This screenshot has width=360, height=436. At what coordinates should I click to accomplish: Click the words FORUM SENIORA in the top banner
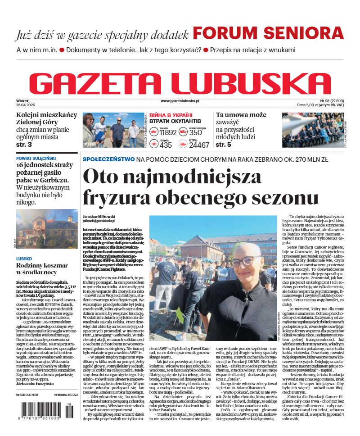[x=268, y=34]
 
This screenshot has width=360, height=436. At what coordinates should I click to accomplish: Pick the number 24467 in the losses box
[x=199, y=145]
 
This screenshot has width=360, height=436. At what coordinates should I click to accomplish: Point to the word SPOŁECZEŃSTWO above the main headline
[x=108, y=159]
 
